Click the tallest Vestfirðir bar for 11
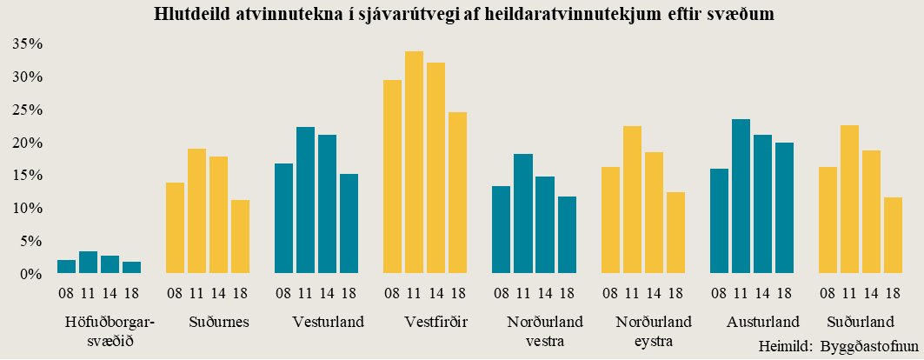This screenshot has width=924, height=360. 414,163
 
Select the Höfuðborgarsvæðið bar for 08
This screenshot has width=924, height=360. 66,267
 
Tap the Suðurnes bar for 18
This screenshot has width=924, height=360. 240,237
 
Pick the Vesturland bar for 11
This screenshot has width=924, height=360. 305,200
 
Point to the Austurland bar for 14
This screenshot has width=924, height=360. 762,204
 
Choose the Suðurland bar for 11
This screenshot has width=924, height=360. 849,199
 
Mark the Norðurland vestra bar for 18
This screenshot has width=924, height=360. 567,235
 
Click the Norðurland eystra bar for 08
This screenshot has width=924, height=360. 610,220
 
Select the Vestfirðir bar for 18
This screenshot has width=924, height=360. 457,193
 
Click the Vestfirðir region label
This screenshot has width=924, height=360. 436,323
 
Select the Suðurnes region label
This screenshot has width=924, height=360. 219,323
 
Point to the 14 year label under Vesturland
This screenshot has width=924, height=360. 327,292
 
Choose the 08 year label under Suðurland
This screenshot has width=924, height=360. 828,292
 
